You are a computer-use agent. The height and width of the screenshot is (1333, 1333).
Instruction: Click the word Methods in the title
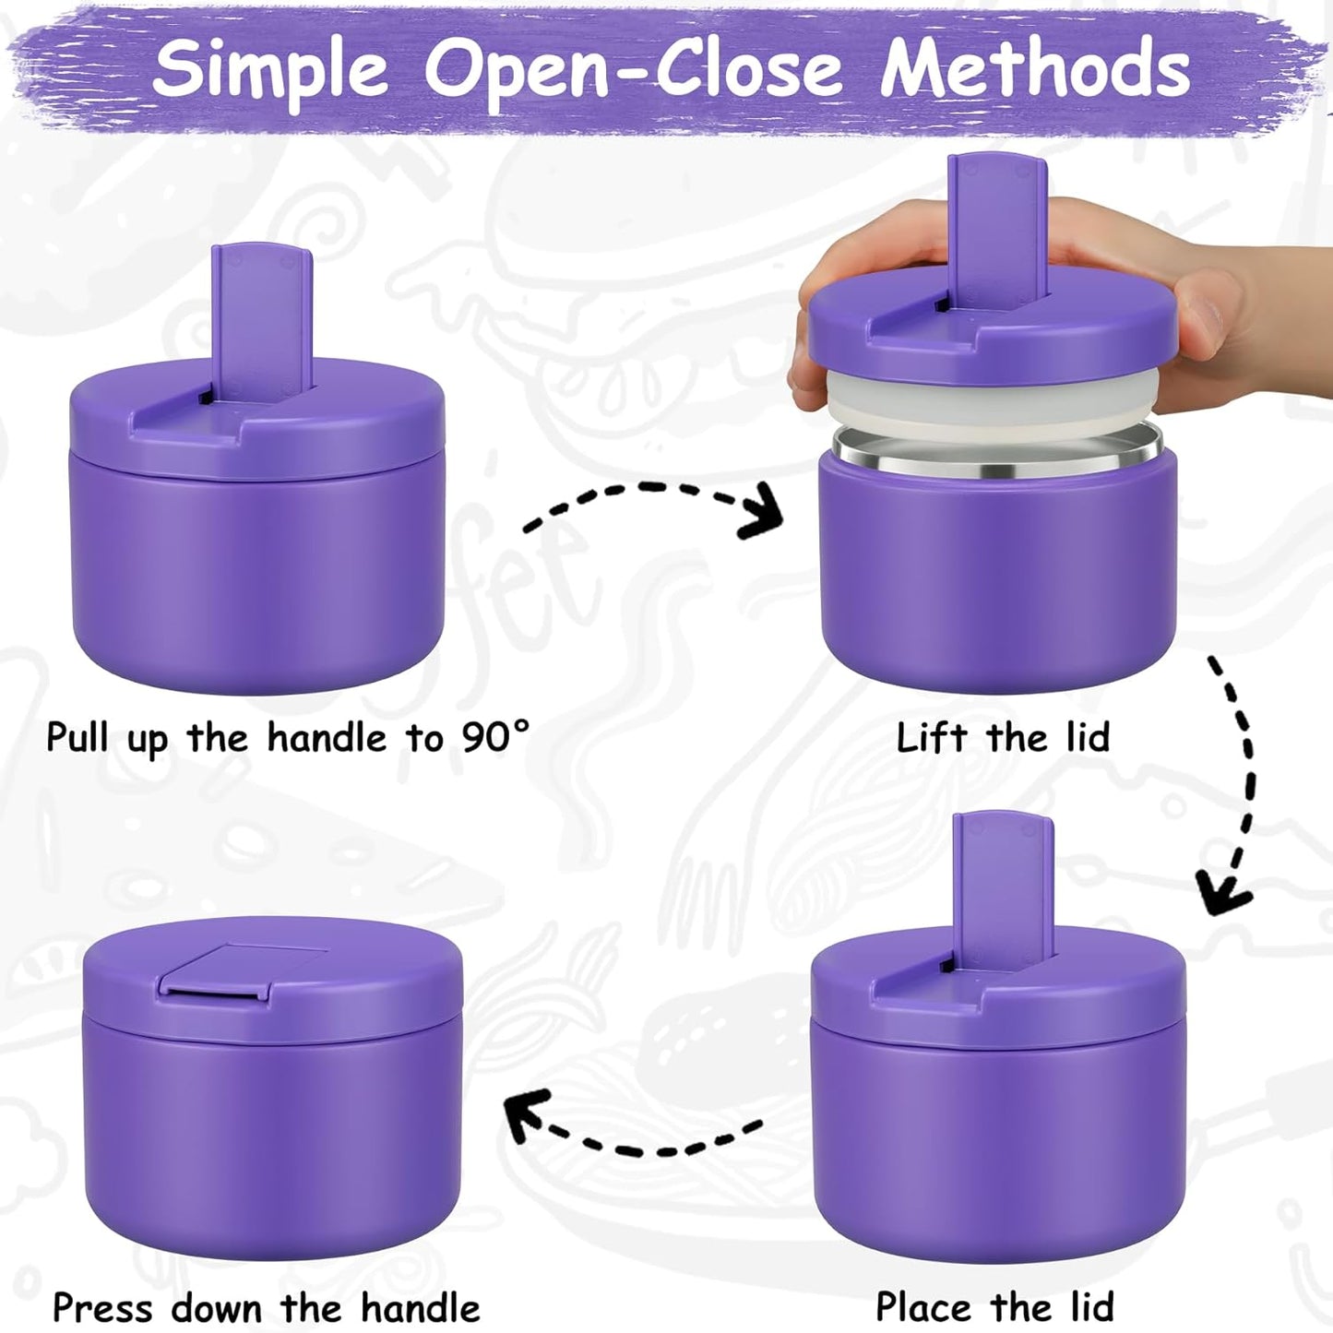coord(1035,69)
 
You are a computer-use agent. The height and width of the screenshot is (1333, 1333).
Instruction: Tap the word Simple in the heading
coord(270,69)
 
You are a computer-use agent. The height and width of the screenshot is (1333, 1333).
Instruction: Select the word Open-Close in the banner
coord(633,69)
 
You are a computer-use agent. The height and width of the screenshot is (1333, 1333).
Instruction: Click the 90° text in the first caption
coord(496,737)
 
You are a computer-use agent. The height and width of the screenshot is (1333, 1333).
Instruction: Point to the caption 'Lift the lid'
coord(1003,737)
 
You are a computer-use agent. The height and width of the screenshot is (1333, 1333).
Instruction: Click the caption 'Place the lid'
coord(994,1306)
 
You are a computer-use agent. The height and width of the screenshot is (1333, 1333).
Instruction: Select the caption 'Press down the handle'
coord(266,1307)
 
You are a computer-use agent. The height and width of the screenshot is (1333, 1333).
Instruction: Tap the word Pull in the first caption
coord(77,737)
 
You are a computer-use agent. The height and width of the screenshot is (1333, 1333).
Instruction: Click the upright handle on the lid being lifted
coord(998,226)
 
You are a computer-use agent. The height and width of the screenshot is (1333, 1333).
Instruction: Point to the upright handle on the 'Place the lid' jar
coord(1003,886)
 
